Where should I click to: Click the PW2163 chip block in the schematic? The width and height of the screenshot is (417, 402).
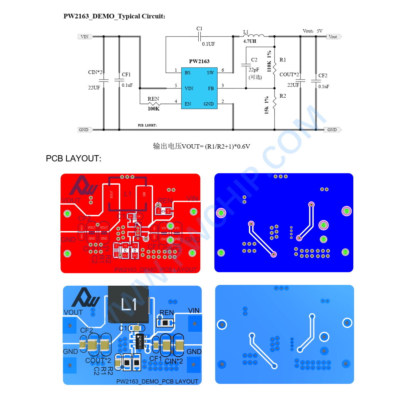pos(199,88)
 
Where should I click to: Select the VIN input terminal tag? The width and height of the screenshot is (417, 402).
pos(85,36)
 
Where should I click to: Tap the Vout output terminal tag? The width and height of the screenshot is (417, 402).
pos(333,36)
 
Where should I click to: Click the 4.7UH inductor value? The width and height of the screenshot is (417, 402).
pos(250,41)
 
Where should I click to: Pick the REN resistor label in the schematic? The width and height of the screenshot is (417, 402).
pos(153,99)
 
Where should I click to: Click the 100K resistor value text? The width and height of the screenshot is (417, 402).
pos(154,109)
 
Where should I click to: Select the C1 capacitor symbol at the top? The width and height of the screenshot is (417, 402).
pos(200,36)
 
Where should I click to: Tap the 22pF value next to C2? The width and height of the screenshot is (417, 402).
pos(254,70)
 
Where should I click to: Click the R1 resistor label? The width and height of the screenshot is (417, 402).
pos(283,60)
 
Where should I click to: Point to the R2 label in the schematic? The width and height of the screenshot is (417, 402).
pos(283,96)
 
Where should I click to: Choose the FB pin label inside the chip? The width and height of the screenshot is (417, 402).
pos(211,88)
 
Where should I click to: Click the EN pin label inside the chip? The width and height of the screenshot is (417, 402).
pos(188,104)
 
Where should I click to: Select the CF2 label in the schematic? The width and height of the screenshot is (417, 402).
pos(323,76)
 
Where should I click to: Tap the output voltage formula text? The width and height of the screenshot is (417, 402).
pos(201,146)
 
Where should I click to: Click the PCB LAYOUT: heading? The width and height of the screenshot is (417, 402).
pos(74,158)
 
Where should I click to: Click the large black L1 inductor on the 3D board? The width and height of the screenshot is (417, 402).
pos(129,304)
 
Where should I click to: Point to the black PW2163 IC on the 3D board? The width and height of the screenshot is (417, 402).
pos(139,342)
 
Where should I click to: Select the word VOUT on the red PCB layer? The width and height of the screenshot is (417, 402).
pos(71,201)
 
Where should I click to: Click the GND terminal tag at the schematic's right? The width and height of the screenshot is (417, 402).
pos(332,130)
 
